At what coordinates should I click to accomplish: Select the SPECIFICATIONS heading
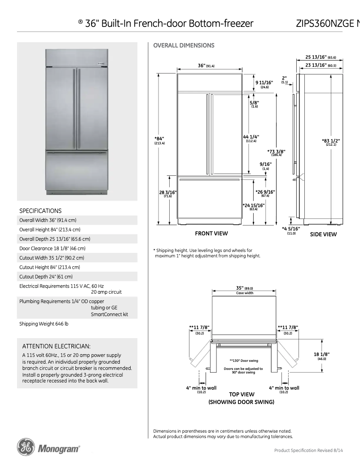point(40,211)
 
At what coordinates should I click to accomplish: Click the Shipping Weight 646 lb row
point(44,323)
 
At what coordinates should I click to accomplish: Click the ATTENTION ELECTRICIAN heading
point(57,346)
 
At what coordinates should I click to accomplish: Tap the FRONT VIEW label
point(211,233)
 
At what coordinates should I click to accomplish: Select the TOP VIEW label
point(241,394)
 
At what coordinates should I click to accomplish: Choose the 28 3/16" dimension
point(168,192)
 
